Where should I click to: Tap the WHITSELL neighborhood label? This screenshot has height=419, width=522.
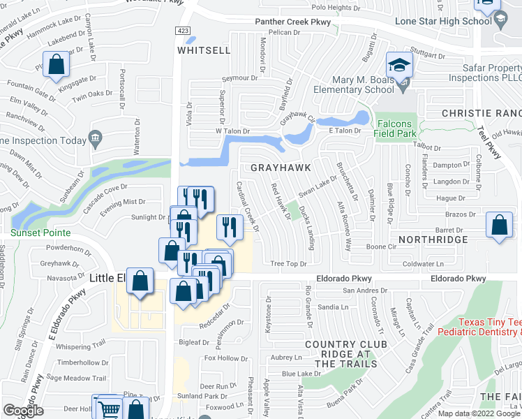(x=204, y=51)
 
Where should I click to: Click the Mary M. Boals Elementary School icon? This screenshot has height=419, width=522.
(x=401, y=66)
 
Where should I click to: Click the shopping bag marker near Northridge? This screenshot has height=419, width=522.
(x=499, y=226)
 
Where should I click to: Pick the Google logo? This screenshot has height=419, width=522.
(x=23, y=411)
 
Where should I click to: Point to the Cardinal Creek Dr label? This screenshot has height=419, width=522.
(x=248, y=209)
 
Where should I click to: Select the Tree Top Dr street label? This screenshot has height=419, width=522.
(x=288, y=264)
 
